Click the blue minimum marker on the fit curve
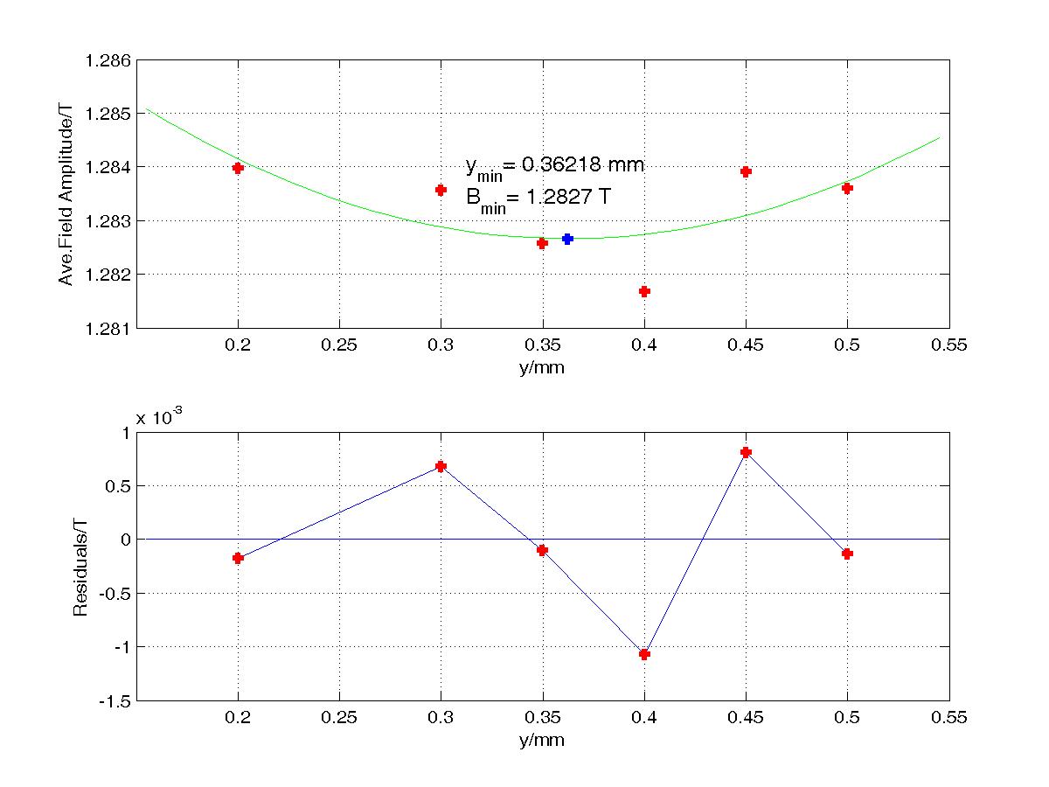pos(567,239)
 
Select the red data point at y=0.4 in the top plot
pos(644,291)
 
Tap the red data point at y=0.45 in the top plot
pos(746,171)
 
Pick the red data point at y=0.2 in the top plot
pos(238,168)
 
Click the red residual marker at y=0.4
pos(644,654)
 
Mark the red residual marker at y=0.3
pos(441,466)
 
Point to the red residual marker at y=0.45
pos(746,452)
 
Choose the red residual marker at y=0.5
pos(847,554)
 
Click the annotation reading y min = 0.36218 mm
pos(555,168)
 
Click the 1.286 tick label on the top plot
pos(108,60)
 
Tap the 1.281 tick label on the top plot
pos(108,329)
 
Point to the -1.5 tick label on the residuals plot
pos(115,701)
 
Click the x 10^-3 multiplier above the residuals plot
pos(159,417)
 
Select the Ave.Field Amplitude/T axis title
pos(66,194)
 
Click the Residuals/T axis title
pos(80,568)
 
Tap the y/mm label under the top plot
pos(542,367)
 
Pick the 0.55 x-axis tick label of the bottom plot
pos(948,717)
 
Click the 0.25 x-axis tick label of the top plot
pos(339,345)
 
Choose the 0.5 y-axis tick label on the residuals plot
pos(117,486)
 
